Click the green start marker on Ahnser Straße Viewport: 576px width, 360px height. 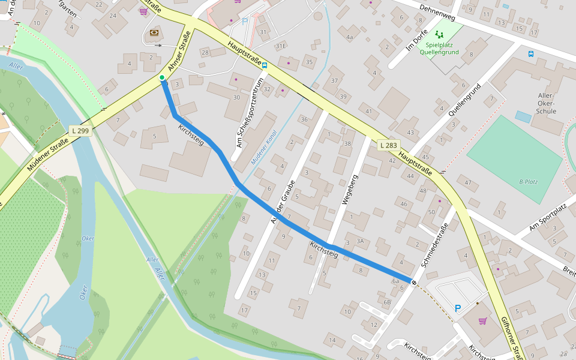pyautogui.click(x=162, y=78)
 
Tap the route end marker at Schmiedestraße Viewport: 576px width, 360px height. pyautogui.click(x=414, y=281)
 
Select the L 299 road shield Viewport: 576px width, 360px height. pyautogui.click(x=80, y=130)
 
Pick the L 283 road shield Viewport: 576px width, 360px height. pyautogui.click(x=389, y=145)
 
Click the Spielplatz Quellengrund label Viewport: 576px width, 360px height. pyautogui.click(x=439, y=48)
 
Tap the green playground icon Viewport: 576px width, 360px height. pyautogui.click(x=439, y=35)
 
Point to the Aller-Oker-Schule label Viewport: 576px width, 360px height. pyautogui.click(x=547, y=103)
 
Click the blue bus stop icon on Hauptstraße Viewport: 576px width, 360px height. pyautogui.click(x=265, y=65)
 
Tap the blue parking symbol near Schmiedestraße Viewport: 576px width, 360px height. pyautogui.click(x=458, y=308)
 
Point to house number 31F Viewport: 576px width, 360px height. pyautogui.click(x=280, y=46)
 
